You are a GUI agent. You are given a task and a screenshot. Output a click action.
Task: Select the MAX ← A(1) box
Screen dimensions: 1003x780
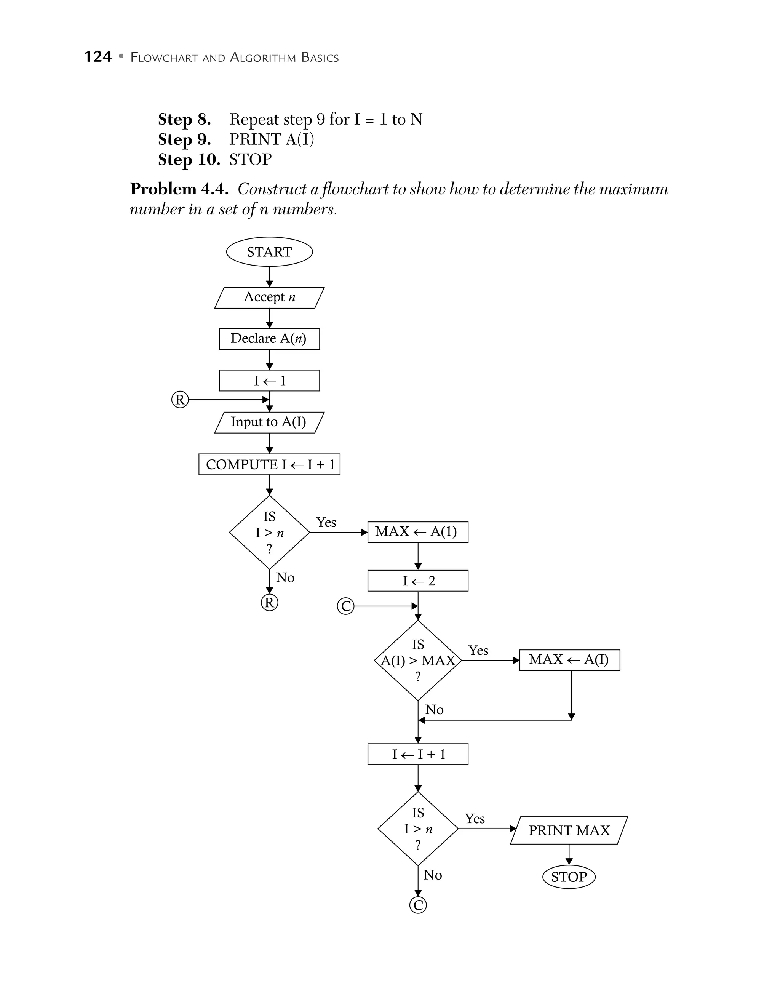pos(417,532)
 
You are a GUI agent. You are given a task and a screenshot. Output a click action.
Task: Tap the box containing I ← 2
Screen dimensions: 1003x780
pos(417,581)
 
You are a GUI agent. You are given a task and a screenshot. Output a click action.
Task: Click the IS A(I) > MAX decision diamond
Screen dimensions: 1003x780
pos(417,661)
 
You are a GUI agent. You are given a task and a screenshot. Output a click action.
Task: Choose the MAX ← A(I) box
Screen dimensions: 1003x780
pos(569,660)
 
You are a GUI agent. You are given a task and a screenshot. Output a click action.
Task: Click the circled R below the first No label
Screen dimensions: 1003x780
pos(270,603)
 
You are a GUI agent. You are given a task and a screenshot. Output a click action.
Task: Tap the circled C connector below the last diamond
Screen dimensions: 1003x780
pos(418,905)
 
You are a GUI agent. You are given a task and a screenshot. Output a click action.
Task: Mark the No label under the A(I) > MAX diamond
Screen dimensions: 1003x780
pos(434,710)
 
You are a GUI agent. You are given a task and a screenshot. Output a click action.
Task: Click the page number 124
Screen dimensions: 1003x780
pos(98,56)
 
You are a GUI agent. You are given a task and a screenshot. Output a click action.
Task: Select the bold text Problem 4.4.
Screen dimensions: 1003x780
pos(179,189)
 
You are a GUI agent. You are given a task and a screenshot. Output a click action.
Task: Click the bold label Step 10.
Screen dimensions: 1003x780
pos(189,159)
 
